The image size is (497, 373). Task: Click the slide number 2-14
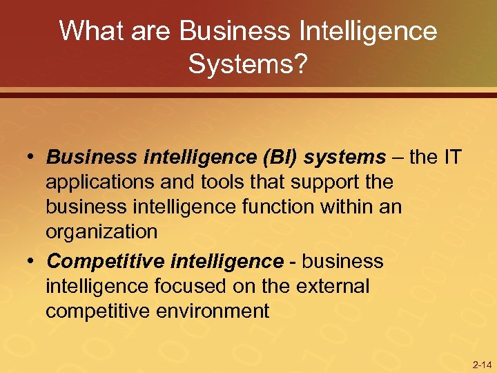[482, 364]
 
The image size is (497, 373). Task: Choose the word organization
[101, 232]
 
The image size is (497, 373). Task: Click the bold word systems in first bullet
[345, 157]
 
